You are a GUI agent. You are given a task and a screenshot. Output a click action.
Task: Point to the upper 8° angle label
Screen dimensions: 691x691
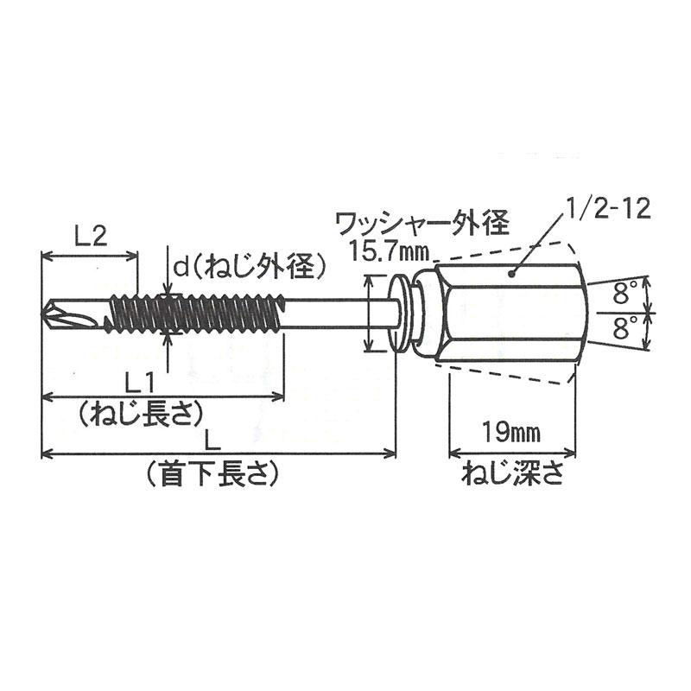tap(625, 293)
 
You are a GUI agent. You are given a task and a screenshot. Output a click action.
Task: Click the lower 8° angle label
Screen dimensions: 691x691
tap(625, 326)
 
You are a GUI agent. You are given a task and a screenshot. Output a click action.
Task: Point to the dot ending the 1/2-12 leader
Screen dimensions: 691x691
tap(511, 274)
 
